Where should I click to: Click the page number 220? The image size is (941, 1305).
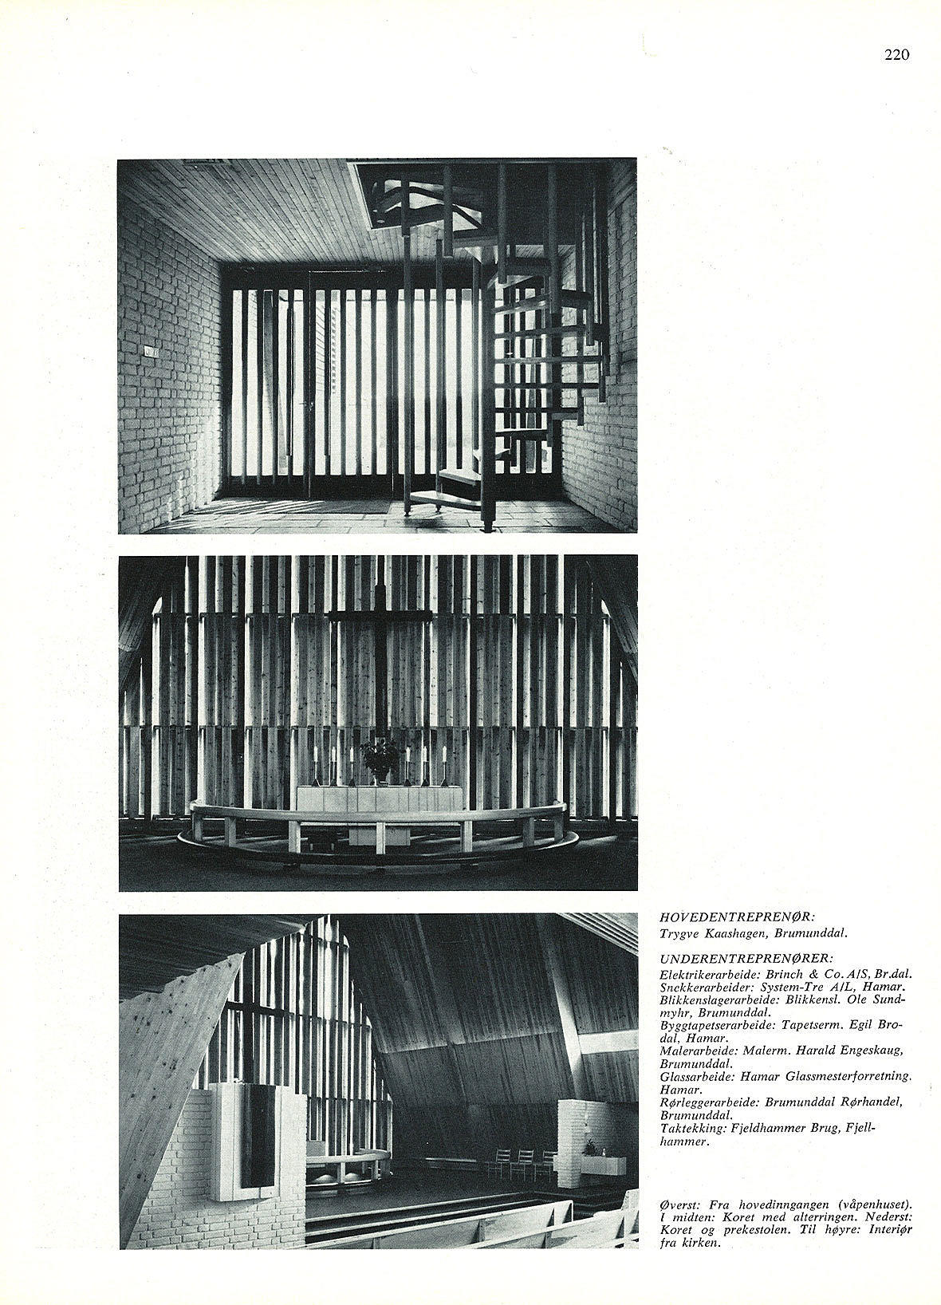[896, 55]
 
